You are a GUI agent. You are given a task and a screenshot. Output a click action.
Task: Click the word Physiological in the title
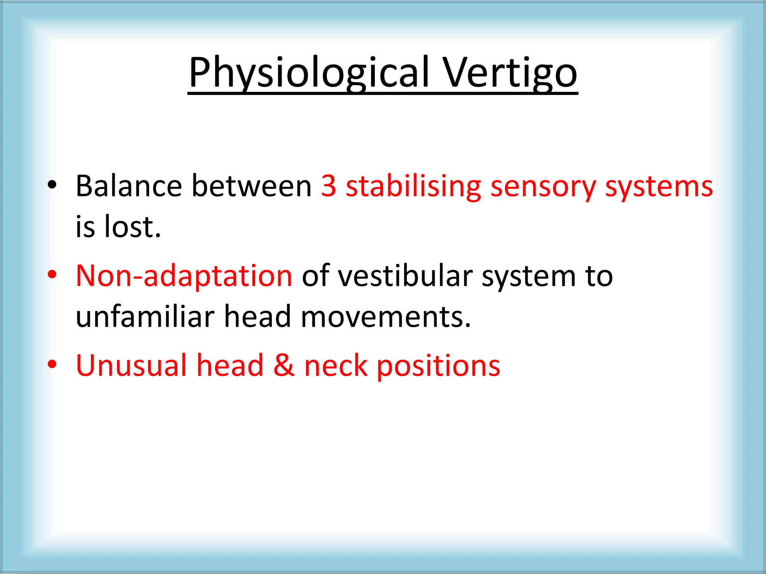tap(309, 72)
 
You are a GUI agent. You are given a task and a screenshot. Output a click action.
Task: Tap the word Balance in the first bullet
tap(129, 186)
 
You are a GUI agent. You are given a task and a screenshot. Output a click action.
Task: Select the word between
tap(252, 186)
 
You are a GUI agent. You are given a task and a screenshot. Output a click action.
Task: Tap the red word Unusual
tap(131, 365)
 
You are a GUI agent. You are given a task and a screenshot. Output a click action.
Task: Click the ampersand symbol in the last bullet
tap(284, 365)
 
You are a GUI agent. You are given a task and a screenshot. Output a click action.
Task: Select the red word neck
tap(335, 365)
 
